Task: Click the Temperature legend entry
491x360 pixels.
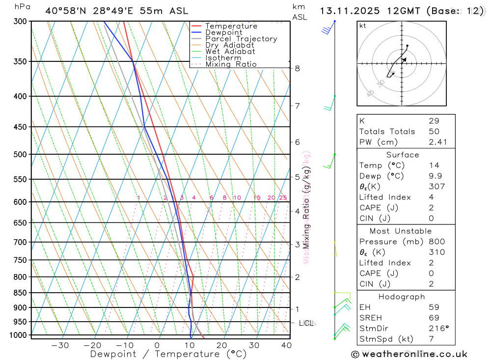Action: [231, 26]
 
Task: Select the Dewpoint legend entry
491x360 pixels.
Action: [224, 32]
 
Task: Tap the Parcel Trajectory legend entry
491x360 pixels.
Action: [241, 39]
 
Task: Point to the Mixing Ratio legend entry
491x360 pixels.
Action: [231, 64]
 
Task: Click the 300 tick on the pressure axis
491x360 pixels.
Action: [20, 21]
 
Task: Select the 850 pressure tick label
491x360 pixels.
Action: [20, 293]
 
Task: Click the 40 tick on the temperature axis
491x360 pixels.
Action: [287, 345]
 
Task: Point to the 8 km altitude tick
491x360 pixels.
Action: [298, 68]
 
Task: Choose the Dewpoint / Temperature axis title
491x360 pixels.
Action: [168, 354]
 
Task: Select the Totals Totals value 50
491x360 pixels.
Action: [434, 132]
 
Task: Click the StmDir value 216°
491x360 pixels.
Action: [436, 328]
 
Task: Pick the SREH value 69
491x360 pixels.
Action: [434, 318]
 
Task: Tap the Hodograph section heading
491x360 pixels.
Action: [402, 297]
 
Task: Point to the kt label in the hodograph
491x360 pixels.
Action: [363, 26]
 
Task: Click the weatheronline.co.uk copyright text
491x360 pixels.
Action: [409, 354]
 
